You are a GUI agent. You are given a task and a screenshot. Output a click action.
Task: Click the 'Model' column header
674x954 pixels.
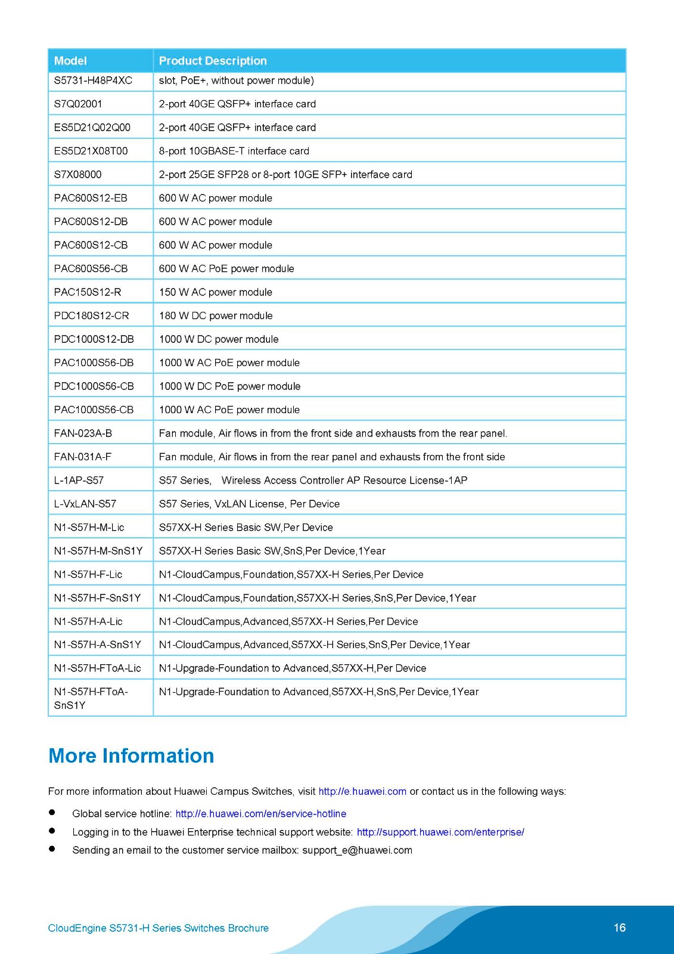click(x=70, y=61)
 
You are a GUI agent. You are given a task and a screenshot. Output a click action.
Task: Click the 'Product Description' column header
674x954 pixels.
click(x=213, y=61)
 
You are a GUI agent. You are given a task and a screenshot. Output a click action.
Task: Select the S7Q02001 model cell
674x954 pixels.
click(x=78, y=104)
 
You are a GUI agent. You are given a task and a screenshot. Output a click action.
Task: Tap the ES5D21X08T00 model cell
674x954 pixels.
click(x=91, y=151)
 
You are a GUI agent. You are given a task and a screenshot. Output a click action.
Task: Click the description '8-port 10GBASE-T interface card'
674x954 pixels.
click(x=234, y=151)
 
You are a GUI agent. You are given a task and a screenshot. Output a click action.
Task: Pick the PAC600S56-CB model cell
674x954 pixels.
click(x=91, y=268)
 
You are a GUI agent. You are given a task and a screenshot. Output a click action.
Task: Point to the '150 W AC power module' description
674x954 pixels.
click(x=215, y=292)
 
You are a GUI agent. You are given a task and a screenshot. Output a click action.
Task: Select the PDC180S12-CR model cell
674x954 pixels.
click(x=91, y=315)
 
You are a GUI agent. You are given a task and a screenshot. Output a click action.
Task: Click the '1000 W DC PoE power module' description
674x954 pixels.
click(x=229, y=386)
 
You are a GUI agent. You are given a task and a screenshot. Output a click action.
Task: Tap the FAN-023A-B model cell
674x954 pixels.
click(x=83, y=433)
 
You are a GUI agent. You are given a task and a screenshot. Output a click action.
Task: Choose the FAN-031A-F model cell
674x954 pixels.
click(x=82, y=457)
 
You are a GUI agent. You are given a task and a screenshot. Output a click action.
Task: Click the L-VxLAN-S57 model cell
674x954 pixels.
click(x=85, y=504)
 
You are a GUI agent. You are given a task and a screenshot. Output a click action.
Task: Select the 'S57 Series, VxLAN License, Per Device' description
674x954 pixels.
click(x=249, y=504)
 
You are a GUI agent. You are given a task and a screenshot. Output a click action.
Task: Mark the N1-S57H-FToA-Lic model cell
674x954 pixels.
click(x=97, y=668)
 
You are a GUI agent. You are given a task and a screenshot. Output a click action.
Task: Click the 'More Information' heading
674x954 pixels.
click(x=131, y=756)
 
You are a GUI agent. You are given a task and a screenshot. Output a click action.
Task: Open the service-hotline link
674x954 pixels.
click(x=260, y=814)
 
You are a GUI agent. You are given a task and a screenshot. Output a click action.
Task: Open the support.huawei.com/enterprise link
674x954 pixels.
click(x=440, y=832)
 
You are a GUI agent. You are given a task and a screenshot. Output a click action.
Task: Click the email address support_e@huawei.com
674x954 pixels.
click(x=357, y=850)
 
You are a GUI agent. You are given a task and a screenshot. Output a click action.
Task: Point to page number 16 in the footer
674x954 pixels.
click(x=619, y=928)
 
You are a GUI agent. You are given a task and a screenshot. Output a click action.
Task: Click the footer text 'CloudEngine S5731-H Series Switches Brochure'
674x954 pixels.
click(x=158, y=928)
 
